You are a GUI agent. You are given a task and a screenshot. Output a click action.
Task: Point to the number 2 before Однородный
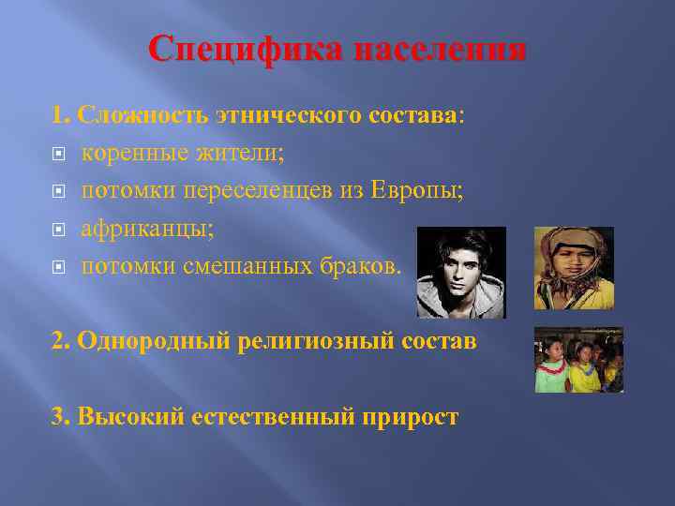59,341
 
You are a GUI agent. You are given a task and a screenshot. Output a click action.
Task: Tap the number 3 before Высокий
59,416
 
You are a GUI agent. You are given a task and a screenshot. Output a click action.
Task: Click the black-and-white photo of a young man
460,272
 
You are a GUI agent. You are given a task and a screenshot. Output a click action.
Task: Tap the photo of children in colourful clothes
578,360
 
